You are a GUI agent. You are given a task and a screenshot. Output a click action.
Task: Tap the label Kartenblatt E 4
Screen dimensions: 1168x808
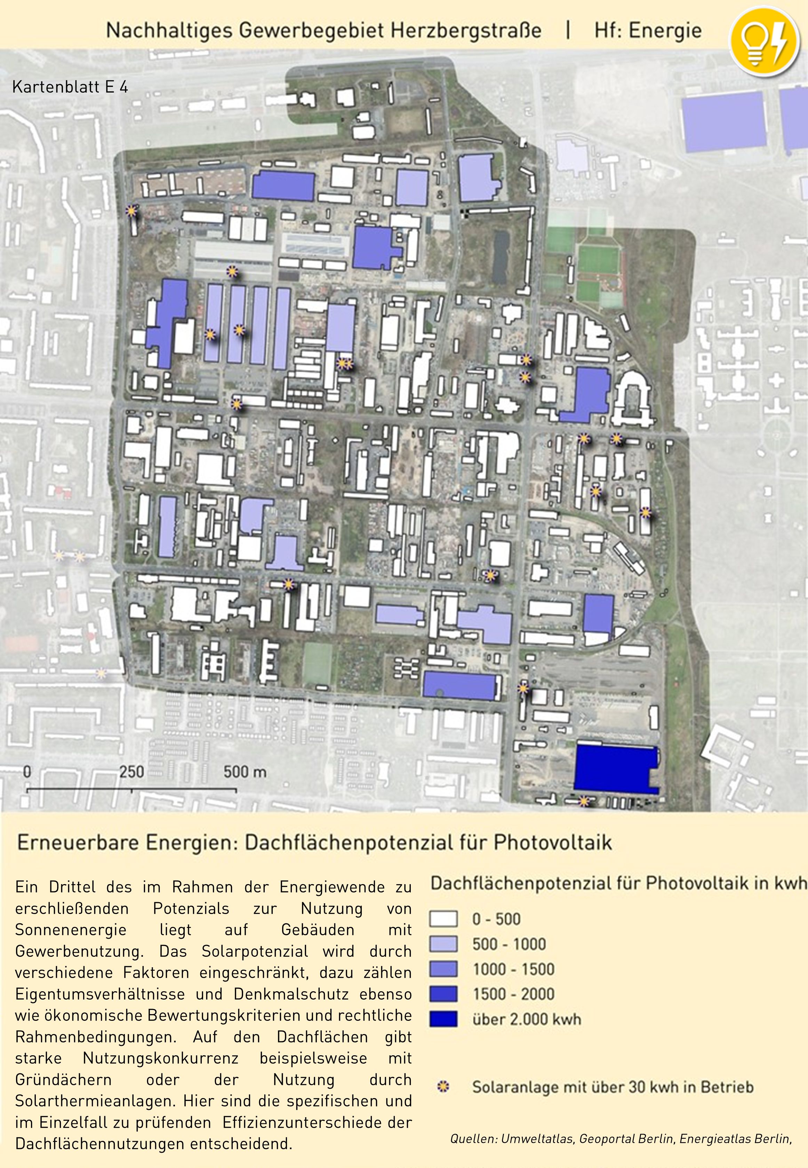70,87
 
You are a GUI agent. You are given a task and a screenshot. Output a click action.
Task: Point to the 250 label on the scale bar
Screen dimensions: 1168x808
131,772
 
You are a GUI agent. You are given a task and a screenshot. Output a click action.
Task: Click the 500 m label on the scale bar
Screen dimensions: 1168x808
245,772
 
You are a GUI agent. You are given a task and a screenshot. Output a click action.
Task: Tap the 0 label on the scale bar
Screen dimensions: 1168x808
27,772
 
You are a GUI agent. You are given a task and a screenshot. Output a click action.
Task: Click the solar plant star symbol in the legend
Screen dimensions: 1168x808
443,1087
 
